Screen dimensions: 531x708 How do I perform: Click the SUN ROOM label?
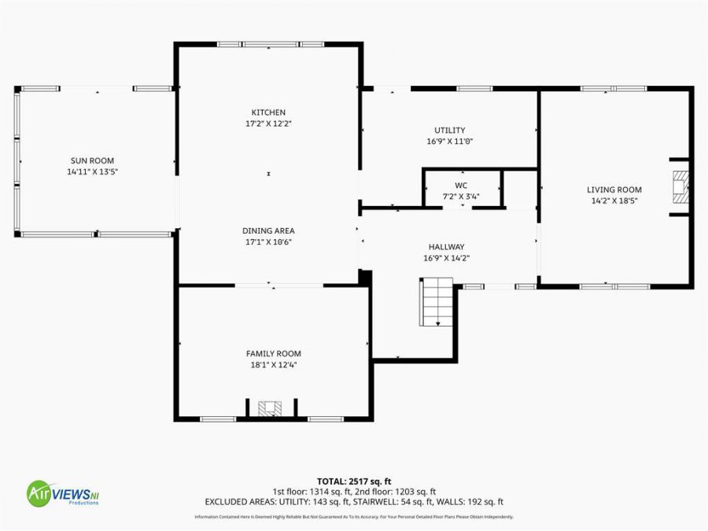[94, 160]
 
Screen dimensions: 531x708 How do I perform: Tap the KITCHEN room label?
[268, 112]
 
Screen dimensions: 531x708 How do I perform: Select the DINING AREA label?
[268, 230]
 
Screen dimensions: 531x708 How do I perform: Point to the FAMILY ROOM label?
[273, 354]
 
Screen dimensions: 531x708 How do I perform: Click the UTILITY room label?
[450, 131]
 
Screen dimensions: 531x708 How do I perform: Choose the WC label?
[461, 186]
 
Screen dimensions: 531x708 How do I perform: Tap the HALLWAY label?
[446, 247]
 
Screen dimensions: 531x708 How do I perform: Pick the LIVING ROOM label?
[614, 190]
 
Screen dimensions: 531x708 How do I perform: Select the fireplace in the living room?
[679, 187]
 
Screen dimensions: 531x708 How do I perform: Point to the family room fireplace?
[270, 408]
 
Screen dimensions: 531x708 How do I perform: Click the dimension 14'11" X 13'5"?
[94, 171]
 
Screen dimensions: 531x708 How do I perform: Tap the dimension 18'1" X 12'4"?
[273, 365]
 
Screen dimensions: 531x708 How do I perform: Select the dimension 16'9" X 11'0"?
[450, 142]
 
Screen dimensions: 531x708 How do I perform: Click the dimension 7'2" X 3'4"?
[461, 197]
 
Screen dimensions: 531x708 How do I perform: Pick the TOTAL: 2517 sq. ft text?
[353, 481]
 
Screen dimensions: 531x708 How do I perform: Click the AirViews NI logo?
[63, 493]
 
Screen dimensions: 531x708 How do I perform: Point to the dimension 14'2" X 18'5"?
[614, 201]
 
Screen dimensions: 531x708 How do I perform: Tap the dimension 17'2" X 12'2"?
[268, 124]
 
